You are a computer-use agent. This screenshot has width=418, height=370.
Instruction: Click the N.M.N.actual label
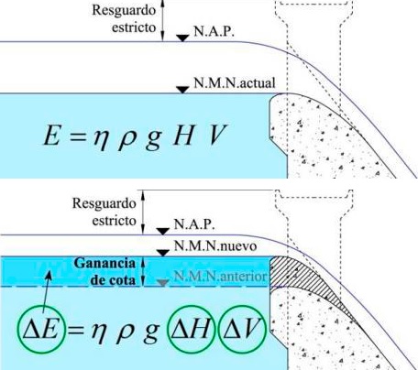[x=235, y=82]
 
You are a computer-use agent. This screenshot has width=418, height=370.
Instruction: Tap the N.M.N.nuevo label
[x=215, y=245]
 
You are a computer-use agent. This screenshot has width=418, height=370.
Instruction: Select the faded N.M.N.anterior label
[x=220, y=277]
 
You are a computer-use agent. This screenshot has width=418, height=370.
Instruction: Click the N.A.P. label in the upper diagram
[x=214, y=31]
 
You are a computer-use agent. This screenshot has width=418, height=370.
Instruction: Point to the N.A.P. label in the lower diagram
[x=194, y=224]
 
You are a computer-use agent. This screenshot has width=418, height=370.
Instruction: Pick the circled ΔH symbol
[x=191, y=329]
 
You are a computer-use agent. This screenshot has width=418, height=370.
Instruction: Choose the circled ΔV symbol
[x=242, y=329]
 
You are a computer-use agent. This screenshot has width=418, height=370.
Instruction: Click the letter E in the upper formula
[x=51, y=136]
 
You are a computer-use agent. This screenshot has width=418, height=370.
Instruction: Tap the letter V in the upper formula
[x=218, y=135]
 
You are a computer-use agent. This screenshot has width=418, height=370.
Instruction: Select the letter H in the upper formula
[x=183, y=135]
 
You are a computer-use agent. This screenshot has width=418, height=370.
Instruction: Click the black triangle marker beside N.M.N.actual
[x=183, y=90]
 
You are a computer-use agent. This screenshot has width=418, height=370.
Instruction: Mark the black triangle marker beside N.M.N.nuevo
[x=163, y=253]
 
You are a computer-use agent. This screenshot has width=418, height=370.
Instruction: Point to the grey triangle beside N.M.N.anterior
[x=163, y=283]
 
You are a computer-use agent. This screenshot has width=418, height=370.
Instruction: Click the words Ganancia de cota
[x=104, y=272]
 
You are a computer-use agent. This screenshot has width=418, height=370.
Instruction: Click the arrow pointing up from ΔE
[x=46, y=293]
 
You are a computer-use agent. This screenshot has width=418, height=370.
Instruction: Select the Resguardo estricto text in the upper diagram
[x=125, y=18]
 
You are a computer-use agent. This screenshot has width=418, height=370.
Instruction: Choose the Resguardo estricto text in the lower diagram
[x=104, y=212]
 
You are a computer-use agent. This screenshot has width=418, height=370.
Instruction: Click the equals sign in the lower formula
[x=76, y=330]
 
